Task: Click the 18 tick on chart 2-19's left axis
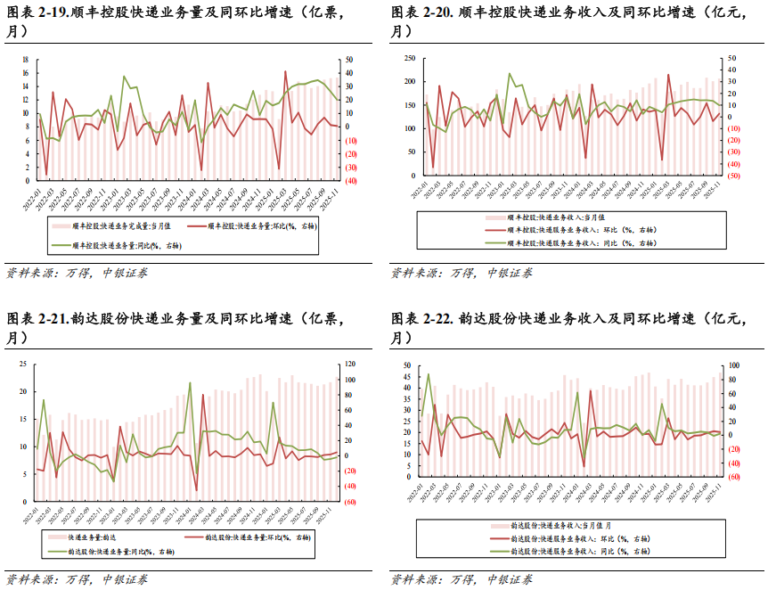26,60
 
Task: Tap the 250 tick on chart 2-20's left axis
409,58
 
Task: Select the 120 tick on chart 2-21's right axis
351,364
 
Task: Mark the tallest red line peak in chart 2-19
285,71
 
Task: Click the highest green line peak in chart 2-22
429,374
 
